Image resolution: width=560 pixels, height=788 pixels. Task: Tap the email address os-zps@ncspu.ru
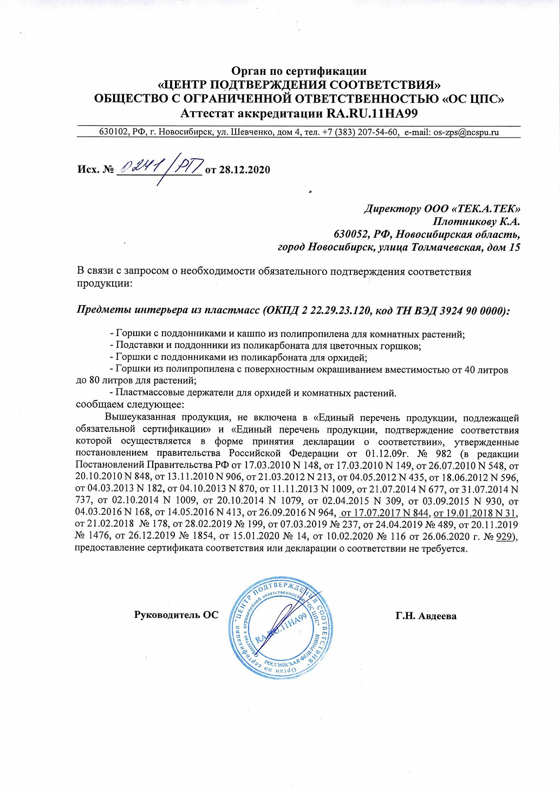click(466, 132)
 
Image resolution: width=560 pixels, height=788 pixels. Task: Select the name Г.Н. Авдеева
click(426, 616)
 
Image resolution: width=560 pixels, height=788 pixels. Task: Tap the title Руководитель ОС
click(176, 615)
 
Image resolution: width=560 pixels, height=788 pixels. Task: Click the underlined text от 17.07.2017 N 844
click(385, 513)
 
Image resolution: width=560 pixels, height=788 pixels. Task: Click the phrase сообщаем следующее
click(130, 404)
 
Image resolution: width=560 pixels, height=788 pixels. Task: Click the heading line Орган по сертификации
click(299, 71)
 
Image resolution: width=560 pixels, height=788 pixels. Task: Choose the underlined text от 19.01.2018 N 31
click(475, 513)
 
